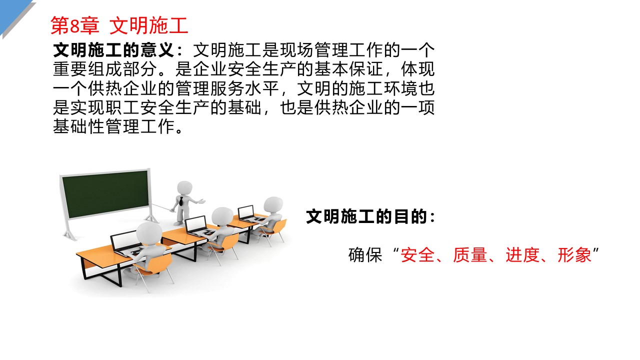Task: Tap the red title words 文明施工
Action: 149,25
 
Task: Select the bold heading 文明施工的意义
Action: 113,50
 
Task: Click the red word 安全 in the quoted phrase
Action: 417,255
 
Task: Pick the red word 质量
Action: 469,255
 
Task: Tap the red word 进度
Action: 522,255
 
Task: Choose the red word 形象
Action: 574,255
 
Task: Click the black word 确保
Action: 365,255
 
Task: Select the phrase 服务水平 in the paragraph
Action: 244,88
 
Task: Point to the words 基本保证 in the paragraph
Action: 348,69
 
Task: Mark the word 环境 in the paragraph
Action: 400,88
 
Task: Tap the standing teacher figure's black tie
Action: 181,201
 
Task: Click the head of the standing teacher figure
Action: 184,188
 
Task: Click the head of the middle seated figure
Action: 222,216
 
